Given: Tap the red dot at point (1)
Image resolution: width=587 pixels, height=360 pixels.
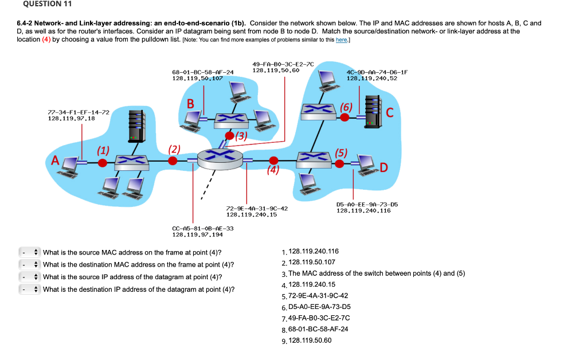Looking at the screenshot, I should click(x=102, y=163).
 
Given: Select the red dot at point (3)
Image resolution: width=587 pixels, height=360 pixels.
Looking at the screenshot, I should click(x=230, y=136).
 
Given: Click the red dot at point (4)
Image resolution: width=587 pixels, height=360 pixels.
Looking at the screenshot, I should click(x=274, y=161).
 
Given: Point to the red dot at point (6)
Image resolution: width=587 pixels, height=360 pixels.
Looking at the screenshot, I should click(x=345, y=116).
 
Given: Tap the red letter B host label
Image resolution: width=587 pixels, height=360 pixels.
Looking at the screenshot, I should click(x=191, y=104).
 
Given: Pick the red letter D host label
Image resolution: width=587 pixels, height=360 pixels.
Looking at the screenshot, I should click(x=383, y=167).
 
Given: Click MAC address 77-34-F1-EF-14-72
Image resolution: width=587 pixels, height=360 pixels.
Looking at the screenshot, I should click(x=78, y=112).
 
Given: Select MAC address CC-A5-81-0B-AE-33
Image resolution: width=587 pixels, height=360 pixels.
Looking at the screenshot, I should click(x=203, y=228).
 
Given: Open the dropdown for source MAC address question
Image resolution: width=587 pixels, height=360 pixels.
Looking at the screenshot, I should click(x=29, y=252).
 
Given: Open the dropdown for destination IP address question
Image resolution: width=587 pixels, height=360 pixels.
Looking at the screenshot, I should click(x=29, y=289).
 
